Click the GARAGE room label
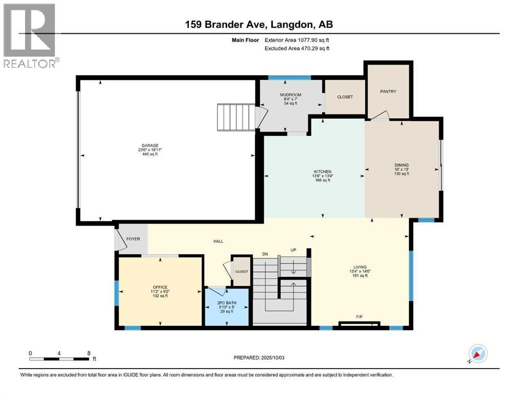click(150, 146)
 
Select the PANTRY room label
click(388, 91)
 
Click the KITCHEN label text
click(322, 172)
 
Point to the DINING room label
click(401, 165)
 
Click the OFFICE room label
click(160, 287)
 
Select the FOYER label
click(133, 239)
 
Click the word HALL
click(218, 241)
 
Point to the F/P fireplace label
click(359, 316)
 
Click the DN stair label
click(265, 254)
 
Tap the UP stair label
click(293, 250)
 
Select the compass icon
click(477, 353)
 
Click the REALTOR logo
click(30, 36)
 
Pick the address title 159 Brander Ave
click(259, 25)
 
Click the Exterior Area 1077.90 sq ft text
click(297, 40)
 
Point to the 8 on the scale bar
click(89, 353)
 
